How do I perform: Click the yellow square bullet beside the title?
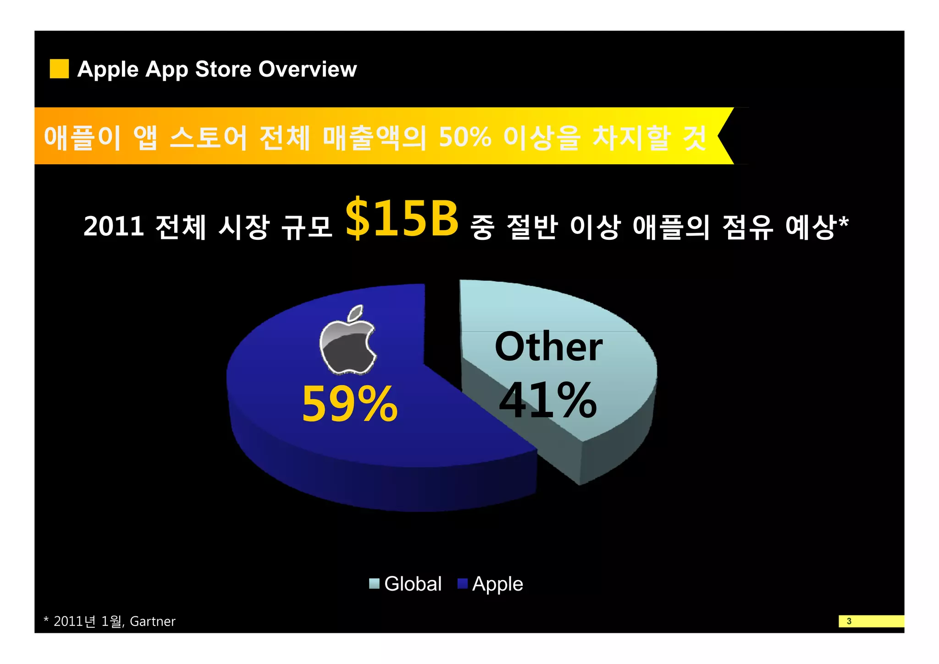pos(59,69)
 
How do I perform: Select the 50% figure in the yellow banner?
pos(465,137)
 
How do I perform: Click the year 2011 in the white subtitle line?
pos(114,227)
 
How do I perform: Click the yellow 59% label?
pos(349,404)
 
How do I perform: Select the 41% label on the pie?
pos(547,400)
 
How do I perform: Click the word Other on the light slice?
pos(548,347)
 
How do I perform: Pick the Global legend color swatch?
pos(374,583)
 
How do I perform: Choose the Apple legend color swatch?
pos(462,583)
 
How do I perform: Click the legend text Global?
pos(413,584)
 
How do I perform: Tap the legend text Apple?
pos(497,584)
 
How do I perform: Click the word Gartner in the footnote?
pos(153,621)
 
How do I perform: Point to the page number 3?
pos(849,621)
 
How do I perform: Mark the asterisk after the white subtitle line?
pos(843,221)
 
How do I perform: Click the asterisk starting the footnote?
pos(46,620)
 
